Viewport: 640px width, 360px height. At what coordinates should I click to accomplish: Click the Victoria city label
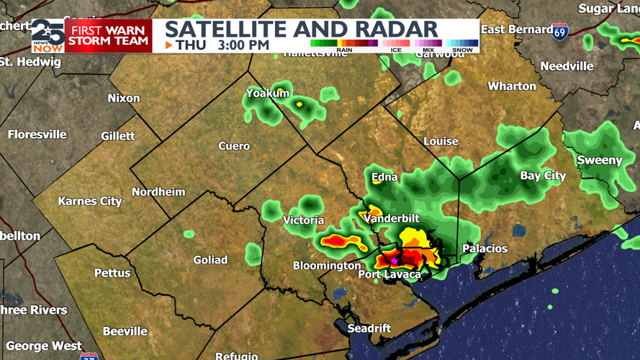coord(303,220)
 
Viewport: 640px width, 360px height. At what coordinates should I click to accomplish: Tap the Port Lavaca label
coord(389,274)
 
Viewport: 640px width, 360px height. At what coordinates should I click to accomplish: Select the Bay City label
coord(543,176)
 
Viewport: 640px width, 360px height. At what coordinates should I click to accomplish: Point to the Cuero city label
coord(234,146)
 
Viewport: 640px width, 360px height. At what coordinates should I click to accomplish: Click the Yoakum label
coord(268,93)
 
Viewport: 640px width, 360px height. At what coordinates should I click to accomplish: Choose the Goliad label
coord(210,260)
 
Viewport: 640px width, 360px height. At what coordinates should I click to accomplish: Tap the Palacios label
coord(484,248)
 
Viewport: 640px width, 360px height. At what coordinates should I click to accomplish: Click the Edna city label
coord(384,177)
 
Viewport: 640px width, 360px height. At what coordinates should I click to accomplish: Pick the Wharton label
coord(512,86)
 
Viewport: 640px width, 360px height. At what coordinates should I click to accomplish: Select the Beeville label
coord(125,331)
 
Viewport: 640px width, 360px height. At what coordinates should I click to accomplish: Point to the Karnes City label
coord(90,202)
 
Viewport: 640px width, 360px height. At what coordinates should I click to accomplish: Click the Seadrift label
coord(369,328)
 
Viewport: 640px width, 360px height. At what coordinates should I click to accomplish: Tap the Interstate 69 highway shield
coord(560,31)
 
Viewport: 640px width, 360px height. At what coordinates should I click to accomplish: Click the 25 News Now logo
coord(48,36)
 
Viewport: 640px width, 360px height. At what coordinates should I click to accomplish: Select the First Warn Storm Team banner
coord(109,36)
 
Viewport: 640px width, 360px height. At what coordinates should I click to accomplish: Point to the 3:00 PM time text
coord(244,45)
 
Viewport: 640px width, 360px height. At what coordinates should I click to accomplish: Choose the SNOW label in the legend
coord(462,50)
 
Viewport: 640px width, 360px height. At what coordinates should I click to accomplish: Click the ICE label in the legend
coord(396,50)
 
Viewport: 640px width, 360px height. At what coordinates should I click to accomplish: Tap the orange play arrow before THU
coord(169,45)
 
